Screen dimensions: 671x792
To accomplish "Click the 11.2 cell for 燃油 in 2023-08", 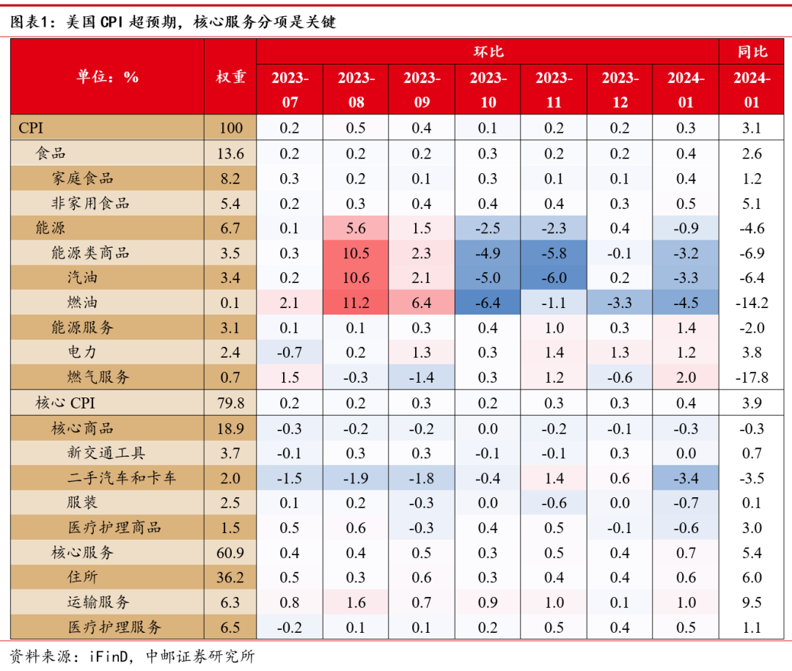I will click(x=356, y=303).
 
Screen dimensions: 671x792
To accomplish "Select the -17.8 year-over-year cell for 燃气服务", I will click(x=752, y=378).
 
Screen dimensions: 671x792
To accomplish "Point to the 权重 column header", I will click(x=230, y=77).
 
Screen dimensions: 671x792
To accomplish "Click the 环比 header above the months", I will click(x=488, y=51).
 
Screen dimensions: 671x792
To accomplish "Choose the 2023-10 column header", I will click(x=488, y=89).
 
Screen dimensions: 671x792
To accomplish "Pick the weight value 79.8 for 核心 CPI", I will click(x=230, y=403).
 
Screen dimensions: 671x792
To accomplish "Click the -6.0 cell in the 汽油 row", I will click(x=554, y=278).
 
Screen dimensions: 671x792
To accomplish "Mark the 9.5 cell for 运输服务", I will click(x=752, y=603).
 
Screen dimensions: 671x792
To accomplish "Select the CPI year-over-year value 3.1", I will click(x=752, y=128).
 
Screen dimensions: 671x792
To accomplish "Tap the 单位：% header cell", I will click(x=107, y=77).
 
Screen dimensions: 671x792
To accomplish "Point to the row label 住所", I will click(x=81, y=578).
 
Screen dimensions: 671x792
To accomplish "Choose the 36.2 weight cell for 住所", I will click(x=230, y=578).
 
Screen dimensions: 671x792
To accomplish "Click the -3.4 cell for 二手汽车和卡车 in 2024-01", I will click(x=686, y=479).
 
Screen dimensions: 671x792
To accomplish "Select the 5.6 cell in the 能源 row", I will click(x=356, y=228).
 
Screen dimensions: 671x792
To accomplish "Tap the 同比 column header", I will click(x=752, y=51).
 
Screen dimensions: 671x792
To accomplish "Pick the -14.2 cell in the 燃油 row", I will click(x=752, y=303).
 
